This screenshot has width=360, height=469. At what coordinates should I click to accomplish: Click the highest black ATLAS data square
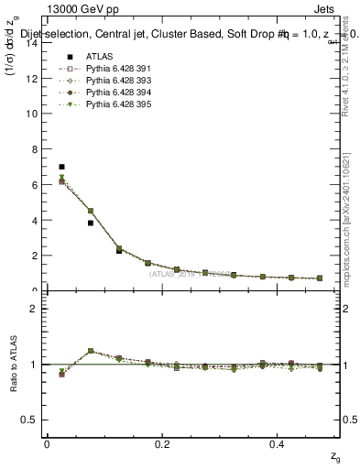pos(61,167)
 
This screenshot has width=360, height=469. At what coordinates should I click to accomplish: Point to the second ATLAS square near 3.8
pos(90,223)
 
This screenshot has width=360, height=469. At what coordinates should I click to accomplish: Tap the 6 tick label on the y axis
pos(35,184)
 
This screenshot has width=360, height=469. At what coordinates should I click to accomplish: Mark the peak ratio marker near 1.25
pos(90,351)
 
